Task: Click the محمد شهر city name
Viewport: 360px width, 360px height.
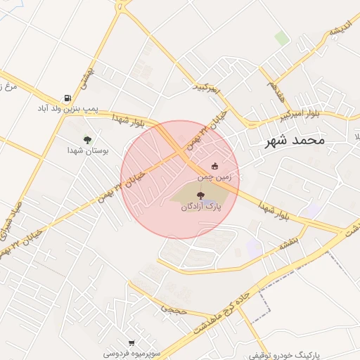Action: coord(295,141)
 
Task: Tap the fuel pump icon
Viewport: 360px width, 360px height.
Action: coord(67,98)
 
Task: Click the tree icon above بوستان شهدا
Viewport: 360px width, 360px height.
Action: coord(87,139)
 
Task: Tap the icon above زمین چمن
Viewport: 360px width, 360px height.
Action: coord(215,166)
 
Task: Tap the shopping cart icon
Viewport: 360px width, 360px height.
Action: coord(131,342)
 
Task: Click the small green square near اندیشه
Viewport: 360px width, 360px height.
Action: coord(281,38)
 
